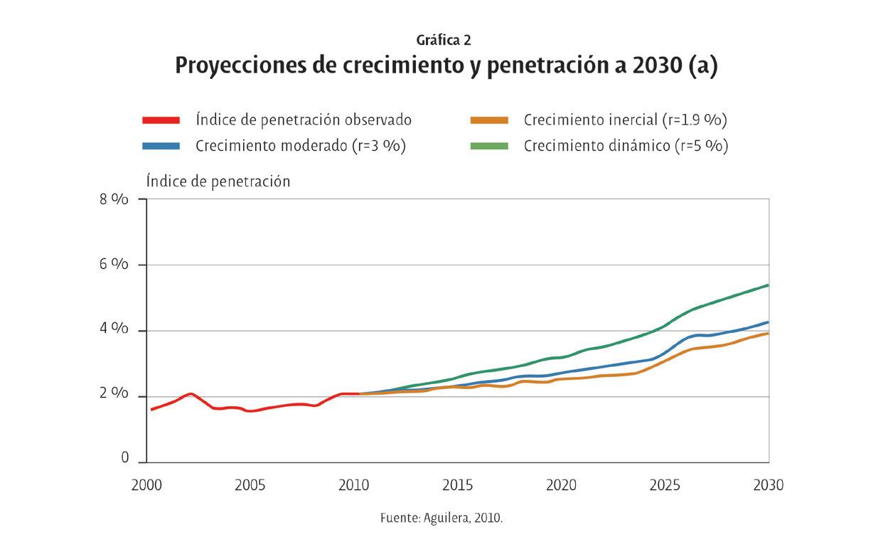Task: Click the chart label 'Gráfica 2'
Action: tap(444, 41)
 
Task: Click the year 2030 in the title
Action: tap(653, 65)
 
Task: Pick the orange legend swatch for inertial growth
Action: tap(489, 120)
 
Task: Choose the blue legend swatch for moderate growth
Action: tap(161, 146)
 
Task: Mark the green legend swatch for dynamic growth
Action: tap(489, 146)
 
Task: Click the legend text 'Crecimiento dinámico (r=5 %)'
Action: tap(626, 146)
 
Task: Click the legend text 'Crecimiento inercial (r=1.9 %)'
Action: tap(625, 120)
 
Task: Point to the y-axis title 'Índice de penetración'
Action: tap(218, 181)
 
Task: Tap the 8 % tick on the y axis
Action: tap(114, 199)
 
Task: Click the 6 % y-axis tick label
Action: tap(114, 265)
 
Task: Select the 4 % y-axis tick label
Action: tap(114, 330)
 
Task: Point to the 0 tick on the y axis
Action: tap(125, 459)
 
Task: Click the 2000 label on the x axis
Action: tap(146, 486)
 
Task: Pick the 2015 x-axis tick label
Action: tap(458, 486)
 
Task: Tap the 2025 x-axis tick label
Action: tap(665, 486)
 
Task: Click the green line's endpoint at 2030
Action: tap(768, 285)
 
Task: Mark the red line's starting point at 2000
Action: tap(151, 410)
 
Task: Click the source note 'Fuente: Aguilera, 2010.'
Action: tap(442, 518)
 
